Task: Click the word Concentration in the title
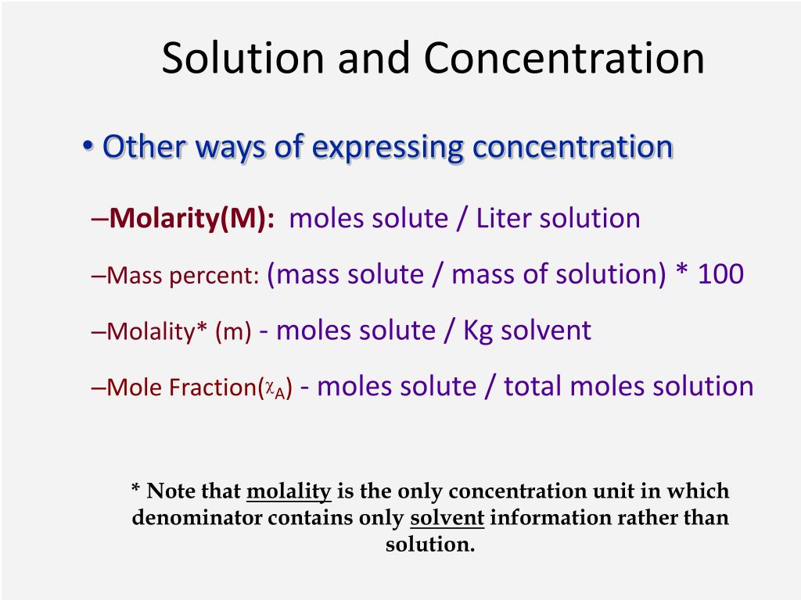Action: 564,59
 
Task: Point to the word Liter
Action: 507,219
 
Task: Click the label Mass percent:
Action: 183,276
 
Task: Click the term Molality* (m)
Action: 179,332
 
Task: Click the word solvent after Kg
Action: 546,330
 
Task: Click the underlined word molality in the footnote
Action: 289,491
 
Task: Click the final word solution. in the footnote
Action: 430,545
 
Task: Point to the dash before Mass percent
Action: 99,276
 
